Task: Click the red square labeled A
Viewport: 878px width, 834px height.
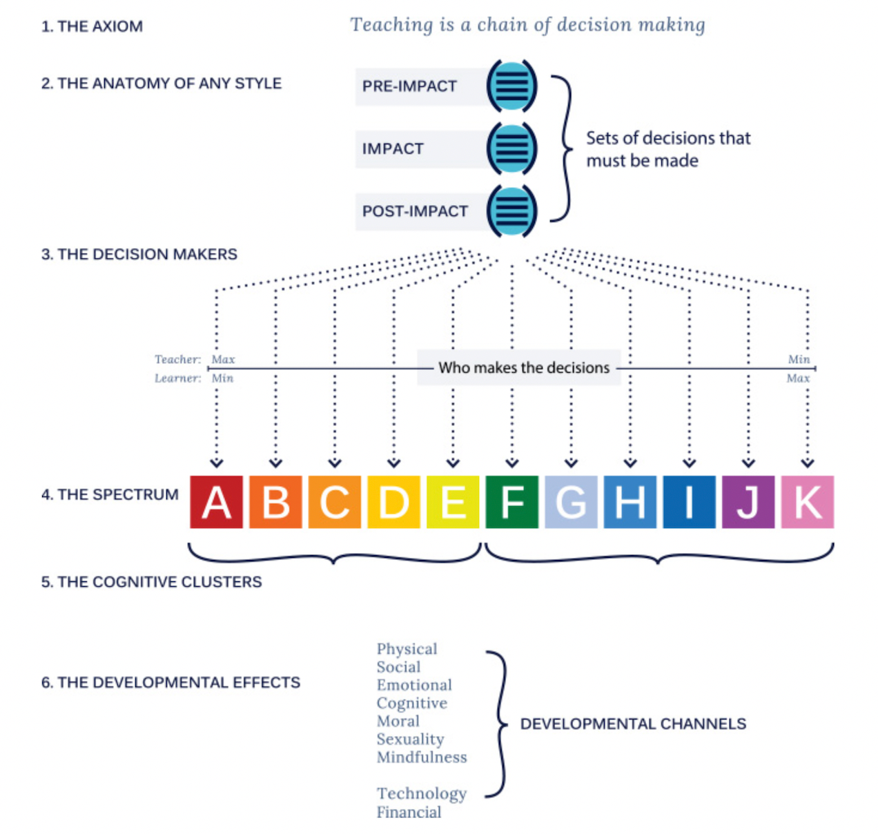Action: (x=216, y=502)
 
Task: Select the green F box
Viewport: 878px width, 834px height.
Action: (x=511, y=502)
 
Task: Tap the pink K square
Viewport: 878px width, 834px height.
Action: (x=807, y=502)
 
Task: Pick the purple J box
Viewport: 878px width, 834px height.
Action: (x=748, y=502)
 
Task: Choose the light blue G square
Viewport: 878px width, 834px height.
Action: (x=571, y=502)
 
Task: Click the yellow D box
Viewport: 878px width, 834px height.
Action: (x=393, y=502)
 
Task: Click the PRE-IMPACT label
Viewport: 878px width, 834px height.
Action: (x=409, y=86)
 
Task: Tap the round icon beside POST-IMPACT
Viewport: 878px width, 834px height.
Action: (x=511, y=211)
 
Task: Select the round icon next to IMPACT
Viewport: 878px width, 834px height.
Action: (x=511, y=148)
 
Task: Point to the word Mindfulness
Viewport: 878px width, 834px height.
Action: (x=422, y=757)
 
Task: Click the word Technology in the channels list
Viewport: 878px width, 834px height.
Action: (x=422, y=793)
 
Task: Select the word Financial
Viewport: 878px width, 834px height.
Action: (x=409, y=812)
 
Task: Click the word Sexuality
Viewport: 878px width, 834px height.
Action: (x=410, y=739)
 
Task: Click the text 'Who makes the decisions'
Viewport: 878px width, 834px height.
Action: (x=524, y=367)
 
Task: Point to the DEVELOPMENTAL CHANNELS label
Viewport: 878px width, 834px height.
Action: (x=633, y=724)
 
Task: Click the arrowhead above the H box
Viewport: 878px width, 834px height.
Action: (x=630, y=463)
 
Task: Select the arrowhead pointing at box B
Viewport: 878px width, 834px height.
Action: (x=275, y=463)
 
